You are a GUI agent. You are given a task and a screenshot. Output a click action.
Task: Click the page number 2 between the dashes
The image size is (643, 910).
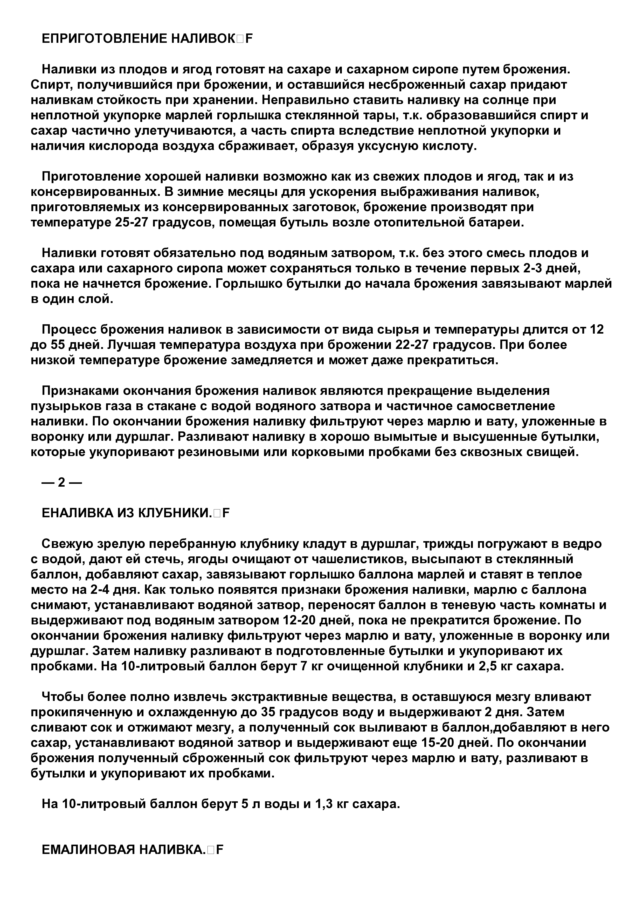pos(61,482)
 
